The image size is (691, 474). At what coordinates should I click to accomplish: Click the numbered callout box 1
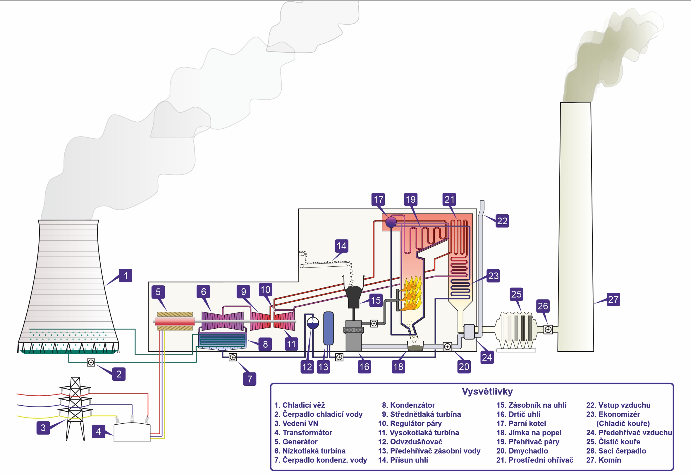pos(126,276)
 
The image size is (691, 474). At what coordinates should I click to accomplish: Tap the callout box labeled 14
pos(341,246)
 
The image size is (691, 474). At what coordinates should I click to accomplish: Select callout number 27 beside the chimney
pos(613,299)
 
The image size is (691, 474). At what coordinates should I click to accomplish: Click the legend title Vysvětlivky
pos(487,391)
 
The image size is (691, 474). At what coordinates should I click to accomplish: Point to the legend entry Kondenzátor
pos(412,405)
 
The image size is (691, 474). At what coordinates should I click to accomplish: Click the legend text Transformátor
pos(307,432)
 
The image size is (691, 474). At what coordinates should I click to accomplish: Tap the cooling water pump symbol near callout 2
pos(91,363)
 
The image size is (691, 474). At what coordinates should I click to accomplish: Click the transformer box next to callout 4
pos(132,433)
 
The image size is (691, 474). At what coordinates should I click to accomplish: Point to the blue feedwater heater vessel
pos(328,328)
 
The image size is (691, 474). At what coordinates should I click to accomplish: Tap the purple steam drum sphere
pos(391,222)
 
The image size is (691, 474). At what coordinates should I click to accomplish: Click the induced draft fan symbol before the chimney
pos(548,329)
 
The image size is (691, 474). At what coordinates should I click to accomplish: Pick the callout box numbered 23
pos(493,276)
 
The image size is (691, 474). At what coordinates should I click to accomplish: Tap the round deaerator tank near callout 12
pos(312,323)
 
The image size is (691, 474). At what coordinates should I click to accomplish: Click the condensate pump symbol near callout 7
pos(233,357)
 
